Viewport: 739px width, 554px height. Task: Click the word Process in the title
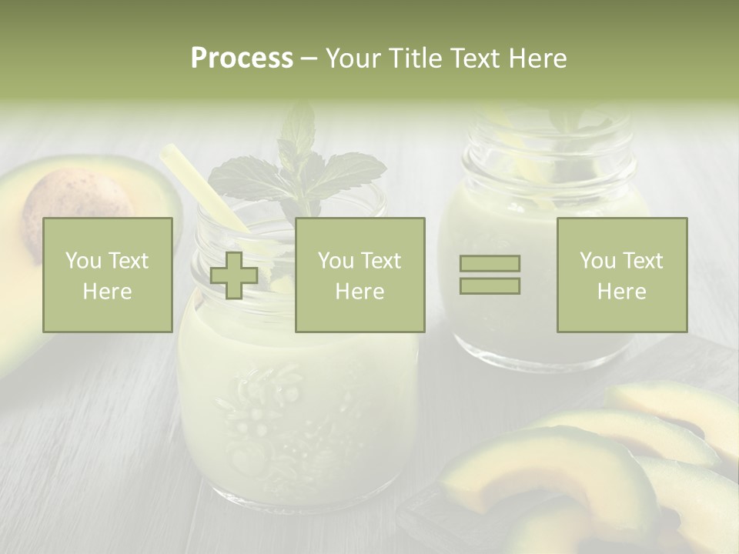click(242, 58)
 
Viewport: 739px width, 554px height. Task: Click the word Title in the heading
click(415, 58)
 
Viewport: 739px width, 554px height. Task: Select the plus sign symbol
click(234, 275)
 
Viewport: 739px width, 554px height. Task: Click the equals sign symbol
click(490, 275)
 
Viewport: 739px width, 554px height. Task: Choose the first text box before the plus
click(108, 275)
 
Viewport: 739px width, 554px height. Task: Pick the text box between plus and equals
click(359, 275)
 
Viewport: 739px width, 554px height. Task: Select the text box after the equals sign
click(621, 275)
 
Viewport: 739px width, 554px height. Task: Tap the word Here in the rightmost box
click(621, 291)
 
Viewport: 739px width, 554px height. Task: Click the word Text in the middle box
click(380, 261)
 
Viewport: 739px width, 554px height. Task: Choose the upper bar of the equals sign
click(490, 264)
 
